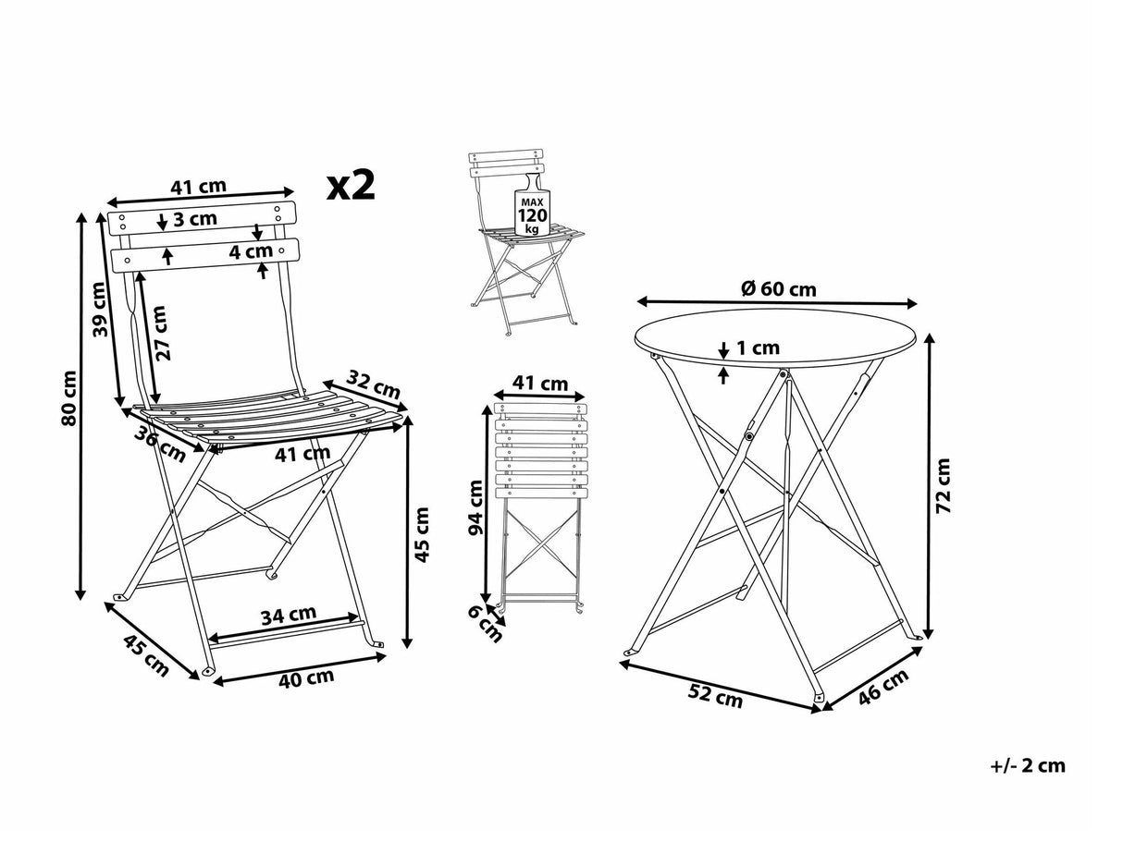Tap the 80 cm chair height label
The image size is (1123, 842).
click(x=70, y=399)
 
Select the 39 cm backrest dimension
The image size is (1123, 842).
click(x=102, y=311)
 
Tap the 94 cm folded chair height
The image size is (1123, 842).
click(x=475, y=508)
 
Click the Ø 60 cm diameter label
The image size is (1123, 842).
click(x=778, y=288)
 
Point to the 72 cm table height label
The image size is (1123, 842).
click(x=944, y=484)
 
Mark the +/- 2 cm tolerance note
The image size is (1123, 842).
click(x=1027, y=765)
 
